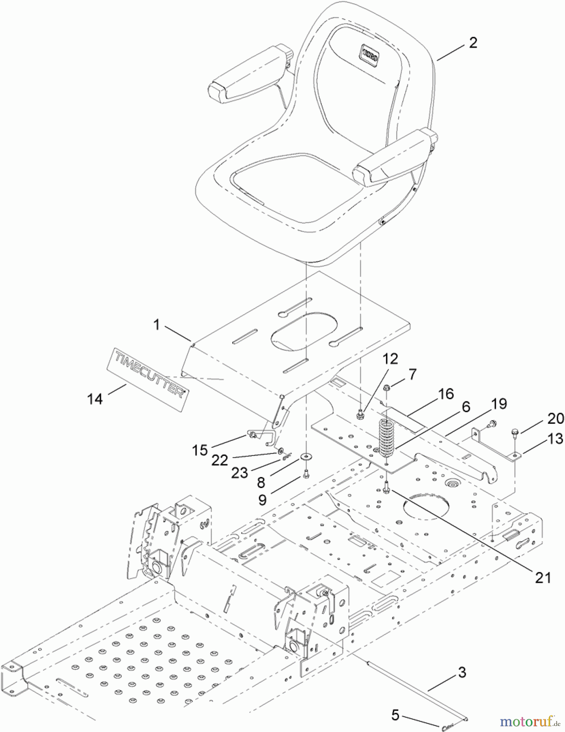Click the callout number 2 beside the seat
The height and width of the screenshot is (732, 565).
(x=473, y=43)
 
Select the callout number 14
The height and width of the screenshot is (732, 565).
(x=95, y=399)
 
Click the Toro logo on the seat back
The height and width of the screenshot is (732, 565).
(x=370, y=54)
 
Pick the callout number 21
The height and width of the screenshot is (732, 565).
(x=543, y=578)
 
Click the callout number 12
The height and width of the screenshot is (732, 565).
(x=390, y=359)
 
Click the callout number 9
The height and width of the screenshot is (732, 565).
(x=263, y=500)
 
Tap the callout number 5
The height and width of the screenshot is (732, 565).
(x=395, y=715)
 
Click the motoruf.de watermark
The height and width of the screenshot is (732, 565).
(x=530, y=721)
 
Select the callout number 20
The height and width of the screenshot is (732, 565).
(x=556, y=418)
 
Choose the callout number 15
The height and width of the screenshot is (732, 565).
(x=200, y=450)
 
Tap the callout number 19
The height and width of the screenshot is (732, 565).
(x=499, y=404)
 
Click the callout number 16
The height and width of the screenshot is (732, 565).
(x=446, y=394)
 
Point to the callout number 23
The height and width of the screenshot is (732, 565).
(x=240, y=473)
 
